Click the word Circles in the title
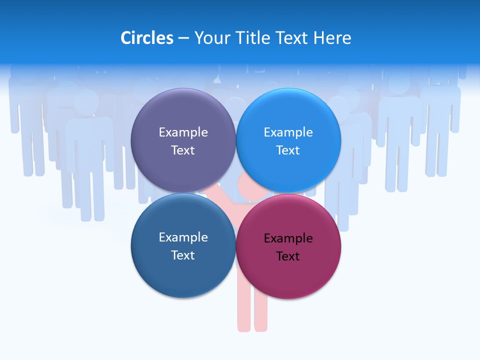147,38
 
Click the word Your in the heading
212,38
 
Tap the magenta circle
288,275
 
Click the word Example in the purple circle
183,132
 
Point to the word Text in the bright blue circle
288,150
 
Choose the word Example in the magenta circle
288,238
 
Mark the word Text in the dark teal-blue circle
183,255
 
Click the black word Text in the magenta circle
288,256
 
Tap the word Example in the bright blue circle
288,132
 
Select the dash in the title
183,38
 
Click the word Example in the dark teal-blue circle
183,237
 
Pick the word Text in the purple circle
183,150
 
